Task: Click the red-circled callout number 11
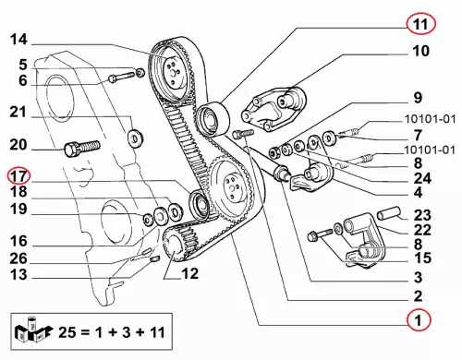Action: tap(420, 24)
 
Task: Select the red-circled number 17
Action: tap(19, 176)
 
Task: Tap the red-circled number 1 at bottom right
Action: tap(418, 320)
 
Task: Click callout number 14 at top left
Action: tap(18, 40)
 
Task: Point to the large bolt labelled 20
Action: tap(82, 149)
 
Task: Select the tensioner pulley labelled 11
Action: tap(213, 119)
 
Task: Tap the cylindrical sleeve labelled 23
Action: tap(389, 213)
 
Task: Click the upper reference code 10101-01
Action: tap(430, 119)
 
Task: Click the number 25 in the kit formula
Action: tap(67, 332)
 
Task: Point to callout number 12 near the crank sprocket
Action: tap(190, 273)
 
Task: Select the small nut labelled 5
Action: tap(140, 73)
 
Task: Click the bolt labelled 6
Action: tap(122, 77)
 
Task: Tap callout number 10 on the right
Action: tap(420, 51)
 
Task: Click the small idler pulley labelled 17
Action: tap(200, 205)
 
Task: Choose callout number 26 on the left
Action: tap(18, 258)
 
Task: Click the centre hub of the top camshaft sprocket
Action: tap(173, 72)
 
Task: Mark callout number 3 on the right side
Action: tap(418, 277)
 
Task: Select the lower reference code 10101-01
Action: tap(430, 150)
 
